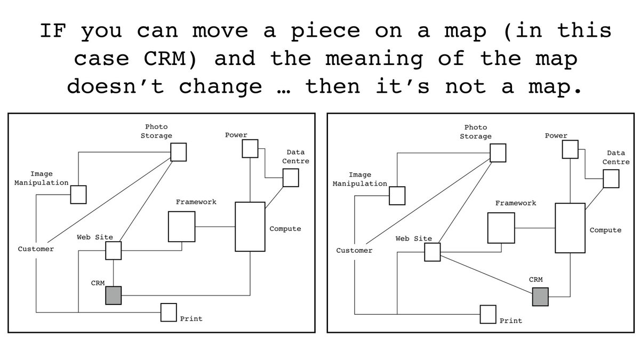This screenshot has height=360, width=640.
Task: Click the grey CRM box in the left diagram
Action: click(x=114, y=295)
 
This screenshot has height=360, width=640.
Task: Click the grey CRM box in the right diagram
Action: click(x=540, y=297)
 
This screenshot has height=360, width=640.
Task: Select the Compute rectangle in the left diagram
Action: click(x=250, y=227)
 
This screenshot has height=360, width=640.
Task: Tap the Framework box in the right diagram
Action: click(x=501, y=228)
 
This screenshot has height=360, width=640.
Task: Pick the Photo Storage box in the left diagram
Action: click(x=179, y=152)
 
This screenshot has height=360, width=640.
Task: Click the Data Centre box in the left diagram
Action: click(x=290, y=178)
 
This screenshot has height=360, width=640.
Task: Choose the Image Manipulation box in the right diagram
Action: click(x=397, y=195)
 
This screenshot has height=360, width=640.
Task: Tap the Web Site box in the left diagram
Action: click(x=113, y=250)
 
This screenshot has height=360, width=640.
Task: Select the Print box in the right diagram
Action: click(x=487, y=314)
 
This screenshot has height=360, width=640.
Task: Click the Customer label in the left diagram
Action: click(x=36, y=249)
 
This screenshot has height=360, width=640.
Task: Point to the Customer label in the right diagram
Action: click(x=354, y=250)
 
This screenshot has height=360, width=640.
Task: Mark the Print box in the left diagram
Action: click(x=169, y=313)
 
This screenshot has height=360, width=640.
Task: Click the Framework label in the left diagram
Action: click(x=196, y=202)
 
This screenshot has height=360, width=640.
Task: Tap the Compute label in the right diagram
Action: click(x=605, y=230)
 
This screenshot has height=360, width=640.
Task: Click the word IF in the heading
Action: click(x=52, y=31)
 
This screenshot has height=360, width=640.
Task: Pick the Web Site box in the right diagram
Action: click(x=432, y=252)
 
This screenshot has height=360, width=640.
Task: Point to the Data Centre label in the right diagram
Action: click(x=616, y=157)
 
